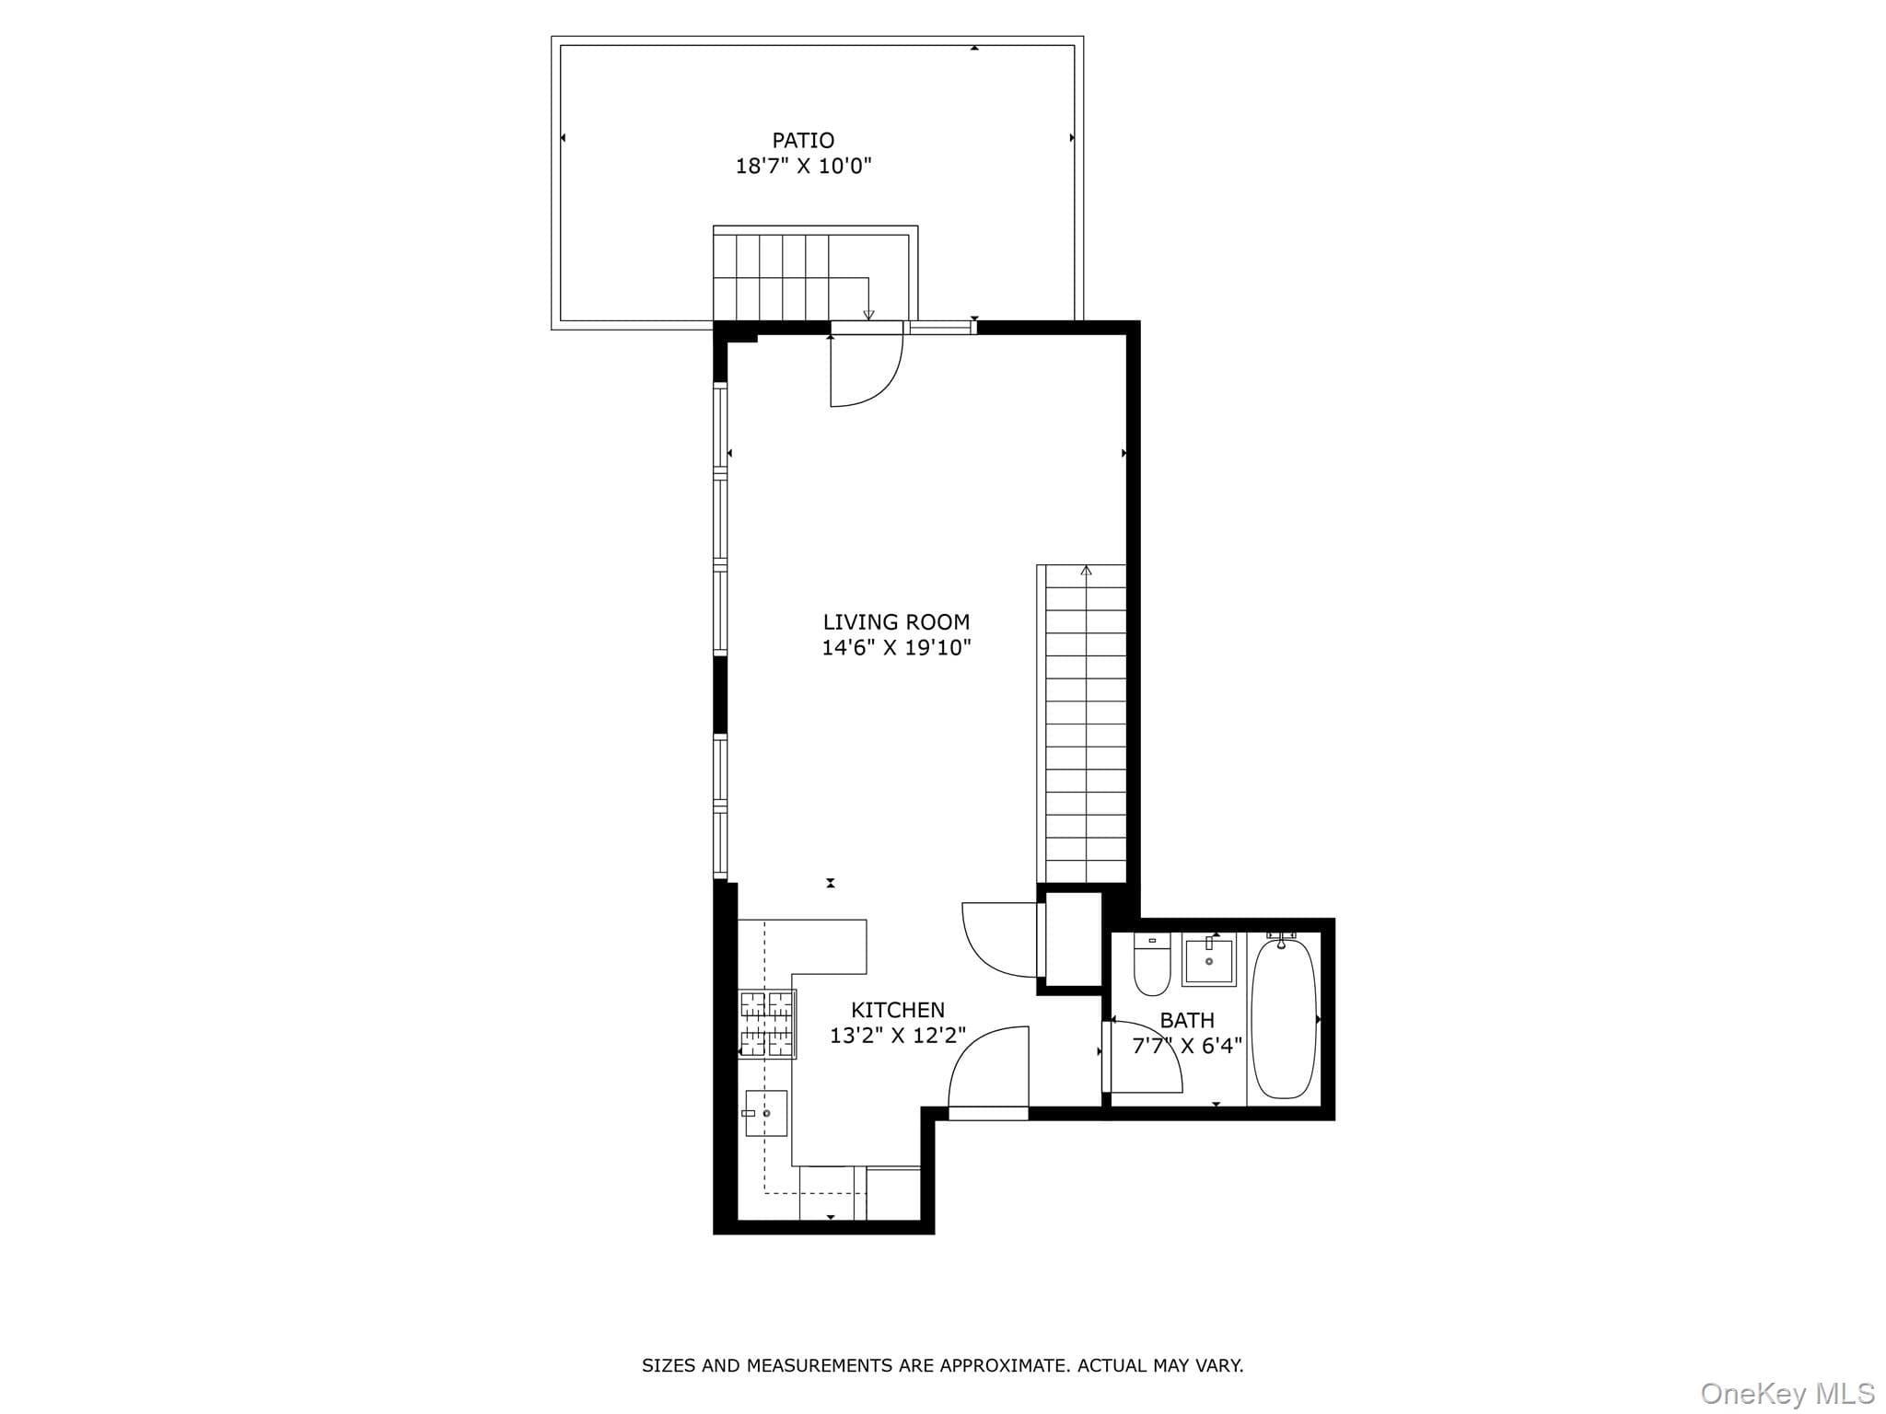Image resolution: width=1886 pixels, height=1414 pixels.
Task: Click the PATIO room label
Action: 803,141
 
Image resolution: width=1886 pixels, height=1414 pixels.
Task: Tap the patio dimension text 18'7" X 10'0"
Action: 803,167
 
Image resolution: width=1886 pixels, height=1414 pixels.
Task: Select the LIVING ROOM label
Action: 896,622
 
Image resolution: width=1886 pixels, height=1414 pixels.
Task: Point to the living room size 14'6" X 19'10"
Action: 896,648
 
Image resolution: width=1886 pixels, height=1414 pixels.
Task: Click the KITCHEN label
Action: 898,1010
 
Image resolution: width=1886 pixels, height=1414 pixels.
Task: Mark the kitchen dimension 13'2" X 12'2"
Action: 898,1036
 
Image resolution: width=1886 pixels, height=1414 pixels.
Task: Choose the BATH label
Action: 1187,1020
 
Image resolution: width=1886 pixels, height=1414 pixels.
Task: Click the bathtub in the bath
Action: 1284,1017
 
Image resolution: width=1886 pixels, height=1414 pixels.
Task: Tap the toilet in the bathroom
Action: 1152,964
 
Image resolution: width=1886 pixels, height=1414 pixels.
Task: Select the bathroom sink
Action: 1209,959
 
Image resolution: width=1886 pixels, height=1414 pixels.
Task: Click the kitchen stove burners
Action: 767,1024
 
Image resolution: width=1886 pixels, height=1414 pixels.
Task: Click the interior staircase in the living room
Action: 1082,724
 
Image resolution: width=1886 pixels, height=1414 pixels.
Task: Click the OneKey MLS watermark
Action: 1787,1393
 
